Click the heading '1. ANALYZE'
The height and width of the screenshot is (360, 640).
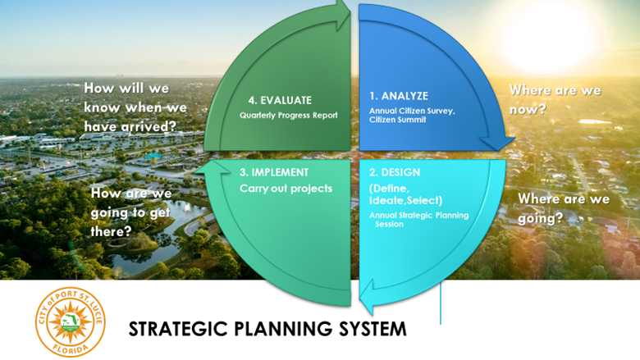click(x=397, y=96)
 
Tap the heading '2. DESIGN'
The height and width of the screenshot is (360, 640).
click(x=395, y=173)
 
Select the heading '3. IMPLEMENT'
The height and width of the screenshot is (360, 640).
click(x=274, y=173)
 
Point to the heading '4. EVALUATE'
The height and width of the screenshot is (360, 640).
click(x=281, y=100)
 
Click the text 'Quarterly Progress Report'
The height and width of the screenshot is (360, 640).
click(x=288, y=116)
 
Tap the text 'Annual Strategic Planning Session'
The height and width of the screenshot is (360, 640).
click(x=418, y=219)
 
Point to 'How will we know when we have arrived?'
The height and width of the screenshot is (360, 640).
click(x=135, y=107)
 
